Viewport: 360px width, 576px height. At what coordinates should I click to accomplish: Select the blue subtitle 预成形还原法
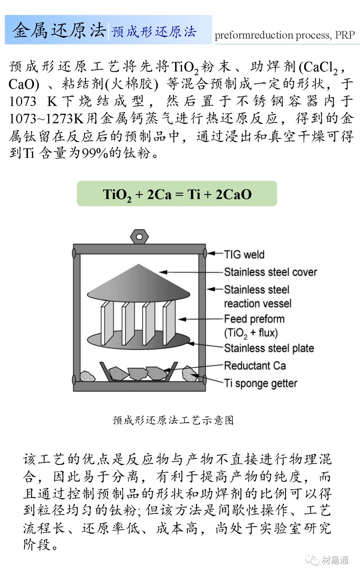(154, 32)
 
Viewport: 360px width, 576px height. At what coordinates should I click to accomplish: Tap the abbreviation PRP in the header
(345, 35)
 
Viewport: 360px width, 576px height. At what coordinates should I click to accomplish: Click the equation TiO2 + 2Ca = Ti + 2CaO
(177, 194)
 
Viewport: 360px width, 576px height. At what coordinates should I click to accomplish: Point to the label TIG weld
(244, 255)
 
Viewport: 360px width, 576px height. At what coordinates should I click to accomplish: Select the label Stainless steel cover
(270, 272)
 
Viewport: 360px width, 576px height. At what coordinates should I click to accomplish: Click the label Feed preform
(254, 319)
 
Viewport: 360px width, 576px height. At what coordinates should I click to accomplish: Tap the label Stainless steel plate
(269, 348)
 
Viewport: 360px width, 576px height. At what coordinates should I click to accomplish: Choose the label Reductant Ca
(255, 366)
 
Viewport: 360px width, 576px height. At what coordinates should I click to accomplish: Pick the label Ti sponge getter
(260, 383)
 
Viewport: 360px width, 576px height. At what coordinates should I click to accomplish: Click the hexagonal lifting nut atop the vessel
(139, 237)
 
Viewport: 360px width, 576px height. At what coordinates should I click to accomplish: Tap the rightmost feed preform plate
(169, 322)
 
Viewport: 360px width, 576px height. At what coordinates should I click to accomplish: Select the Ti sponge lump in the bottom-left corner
(87, 376)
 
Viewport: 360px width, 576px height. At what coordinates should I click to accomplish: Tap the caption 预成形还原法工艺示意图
(173, 420)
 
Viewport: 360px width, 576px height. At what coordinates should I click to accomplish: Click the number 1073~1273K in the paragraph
(47, 118)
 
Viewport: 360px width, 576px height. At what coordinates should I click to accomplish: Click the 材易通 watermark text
(335, 560)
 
